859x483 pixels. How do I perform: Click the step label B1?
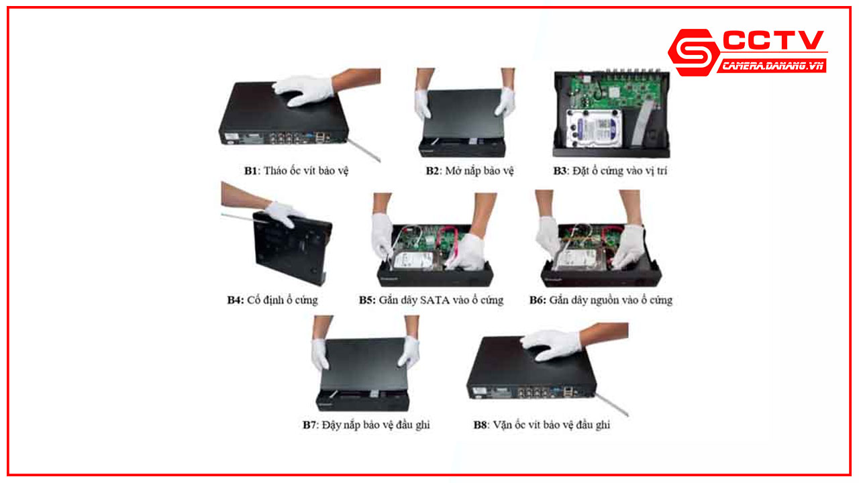(250, 170)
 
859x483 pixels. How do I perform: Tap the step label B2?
(432, 170)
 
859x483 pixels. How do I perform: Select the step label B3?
(560, 170)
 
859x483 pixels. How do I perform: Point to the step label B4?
(235, 300)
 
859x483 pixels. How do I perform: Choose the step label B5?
(367, 300)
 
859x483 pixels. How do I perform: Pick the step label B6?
(538, 300)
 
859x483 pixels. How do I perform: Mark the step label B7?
(309, 425)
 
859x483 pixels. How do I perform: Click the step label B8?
(480, 425)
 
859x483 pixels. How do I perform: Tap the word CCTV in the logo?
(774, 40)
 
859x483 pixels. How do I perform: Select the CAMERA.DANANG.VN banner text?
(772, 66)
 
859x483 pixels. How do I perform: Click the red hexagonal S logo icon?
(694, 52)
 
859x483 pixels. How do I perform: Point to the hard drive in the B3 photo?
(594, 128)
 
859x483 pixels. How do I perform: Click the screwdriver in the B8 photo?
(611, 404)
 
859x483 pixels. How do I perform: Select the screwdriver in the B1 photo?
(364, 150)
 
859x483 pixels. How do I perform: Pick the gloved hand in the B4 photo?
(283, 214)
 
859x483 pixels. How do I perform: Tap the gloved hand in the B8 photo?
(552, 345)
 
